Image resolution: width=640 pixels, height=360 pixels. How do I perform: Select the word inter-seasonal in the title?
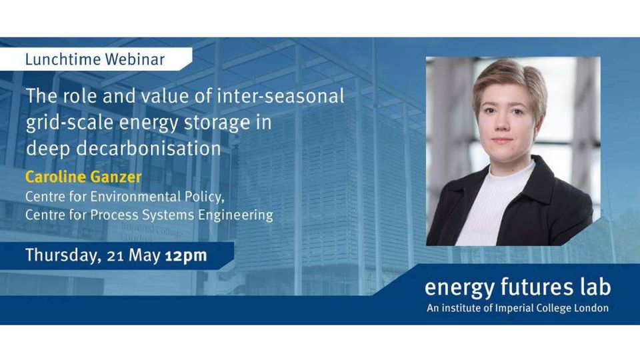(281, 96)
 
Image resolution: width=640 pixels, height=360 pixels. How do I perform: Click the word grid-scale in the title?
(69, 123)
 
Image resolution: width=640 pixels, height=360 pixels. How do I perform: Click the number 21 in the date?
(115, 256)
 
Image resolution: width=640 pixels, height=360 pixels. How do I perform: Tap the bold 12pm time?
(186, 256)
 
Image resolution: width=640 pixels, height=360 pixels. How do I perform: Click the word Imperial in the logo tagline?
(512, 308)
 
